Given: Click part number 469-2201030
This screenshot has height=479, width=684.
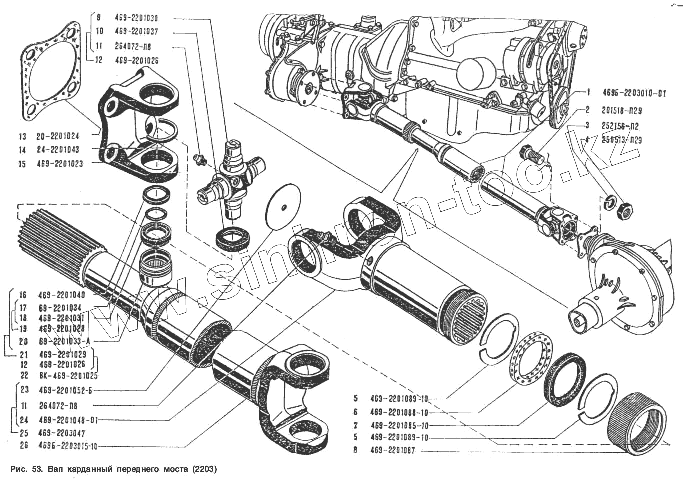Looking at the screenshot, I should coord(136,18).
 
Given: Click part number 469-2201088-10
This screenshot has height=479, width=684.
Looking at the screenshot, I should coord(399,412).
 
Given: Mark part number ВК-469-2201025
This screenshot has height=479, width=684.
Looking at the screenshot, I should coord(68,375).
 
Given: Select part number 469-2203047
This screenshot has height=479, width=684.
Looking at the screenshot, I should coord(62,433).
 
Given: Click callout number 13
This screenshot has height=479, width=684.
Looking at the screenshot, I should coord(22,136).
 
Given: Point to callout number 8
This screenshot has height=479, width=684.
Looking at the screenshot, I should coord(355,450).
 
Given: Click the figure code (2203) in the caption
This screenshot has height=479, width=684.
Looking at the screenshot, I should coord(203,470).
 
